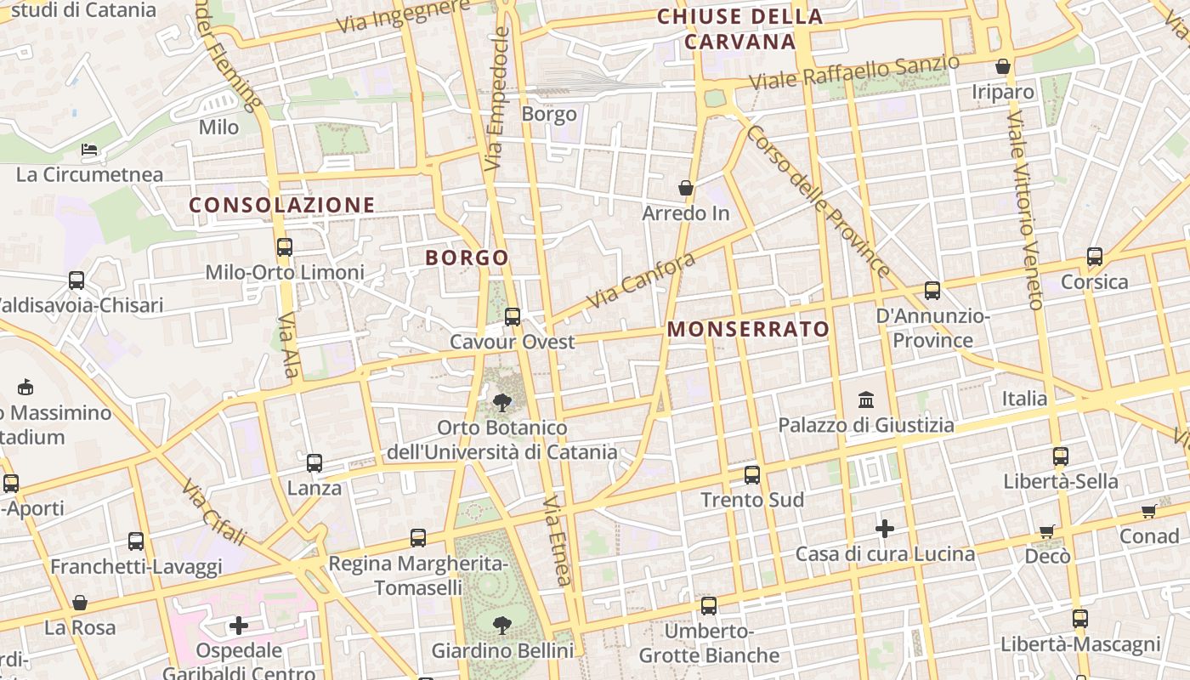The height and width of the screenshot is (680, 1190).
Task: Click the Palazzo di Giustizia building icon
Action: click(866, 399)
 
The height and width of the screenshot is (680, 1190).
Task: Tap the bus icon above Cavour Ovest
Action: click(513, 317)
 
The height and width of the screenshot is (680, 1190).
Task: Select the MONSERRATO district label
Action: click(748, 329)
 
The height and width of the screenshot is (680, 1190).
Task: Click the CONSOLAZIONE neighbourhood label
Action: click(281, 205)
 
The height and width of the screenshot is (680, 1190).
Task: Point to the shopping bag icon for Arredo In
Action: click(686, 188)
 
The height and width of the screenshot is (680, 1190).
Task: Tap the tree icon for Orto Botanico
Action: click(501, 402)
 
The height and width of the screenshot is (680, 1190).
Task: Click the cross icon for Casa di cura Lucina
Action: click(885, 529)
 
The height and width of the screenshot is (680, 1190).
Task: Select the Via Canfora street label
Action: click(641, 280)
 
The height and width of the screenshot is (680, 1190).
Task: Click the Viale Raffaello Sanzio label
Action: click(854, 72)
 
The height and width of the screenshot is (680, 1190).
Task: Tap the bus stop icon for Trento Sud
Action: click(752, 475)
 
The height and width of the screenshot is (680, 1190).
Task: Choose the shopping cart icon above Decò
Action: click(1047, 531)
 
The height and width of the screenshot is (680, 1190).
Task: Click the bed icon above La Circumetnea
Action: click(89, 150)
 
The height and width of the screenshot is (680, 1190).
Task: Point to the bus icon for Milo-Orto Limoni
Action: click(285, 247)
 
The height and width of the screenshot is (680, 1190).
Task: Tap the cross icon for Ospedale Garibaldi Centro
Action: click(239, 626)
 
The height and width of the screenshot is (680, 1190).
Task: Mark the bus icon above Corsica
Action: click(1095, 257)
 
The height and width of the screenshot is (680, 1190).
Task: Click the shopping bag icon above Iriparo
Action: click(1003, 66)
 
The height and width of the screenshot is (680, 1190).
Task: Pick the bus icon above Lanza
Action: click(314, 463)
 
